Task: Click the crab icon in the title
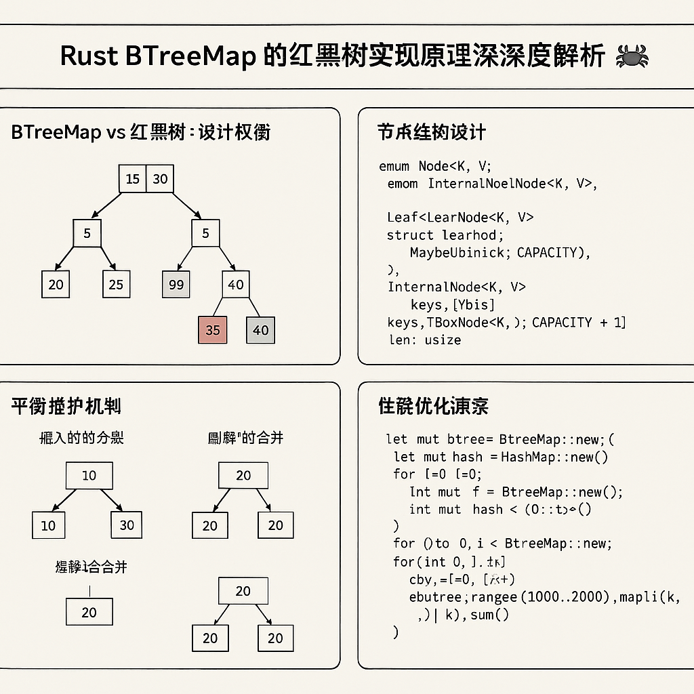(x=632, y=56)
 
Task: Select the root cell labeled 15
(x=133, y=179)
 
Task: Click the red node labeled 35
(x=213, y=330)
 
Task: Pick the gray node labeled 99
(x=176, y=284)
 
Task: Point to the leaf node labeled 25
(x=117, y=284)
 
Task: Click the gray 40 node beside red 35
(x=260, y=330)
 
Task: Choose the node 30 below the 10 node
(x=127, y=525)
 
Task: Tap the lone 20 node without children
(x=89, y=612)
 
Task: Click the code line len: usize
(x=425, y=340)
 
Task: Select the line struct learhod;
(x=445, y=235)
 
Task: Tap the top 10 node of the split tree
(x=89, y=475)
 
